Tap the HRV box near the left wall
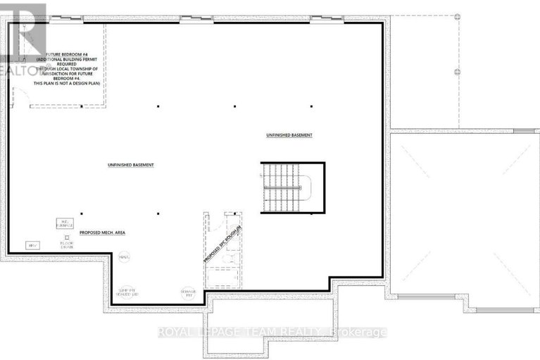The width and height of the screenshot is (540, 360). [x=32, y=245]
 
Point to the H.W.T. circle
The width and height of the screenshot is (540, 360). [x=124, y=258]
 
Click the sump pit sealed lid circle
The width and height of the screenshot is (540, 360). [x=126, y=292]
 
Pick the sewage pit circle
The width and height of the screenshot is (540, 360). [x=188, y=294]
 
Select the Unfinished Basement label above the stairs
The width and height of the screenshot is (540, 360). [x=289, y=135]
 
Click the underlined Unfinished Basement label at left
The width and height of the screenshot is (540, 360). [x=130, y=165]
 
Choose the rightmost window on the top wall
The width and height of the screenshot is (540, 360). [x=326, y=19]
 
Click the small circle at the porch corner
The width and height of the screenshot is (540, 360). [x=457, y=15]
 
